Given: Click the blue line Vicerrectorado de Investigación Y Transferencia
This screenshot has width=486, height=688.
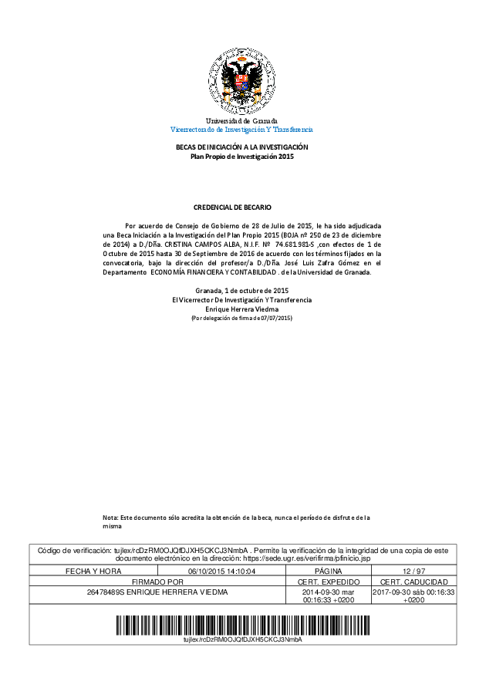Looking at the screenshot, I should click(x=241, y=130).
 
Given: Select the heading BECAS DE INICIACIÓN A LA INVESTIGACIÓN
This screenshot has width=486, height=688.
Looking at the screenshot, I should click(x=242, y=147).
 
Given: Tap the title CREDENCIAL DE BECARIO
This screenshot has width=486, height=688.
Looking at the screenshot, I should click(x=242, y=207).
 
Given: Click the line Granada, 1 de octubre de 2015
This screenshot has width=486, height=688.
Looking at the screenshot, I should click(x=242, y=290).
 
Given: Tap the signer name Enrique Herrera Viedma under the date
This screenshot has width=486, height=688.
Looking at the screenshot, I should click(x=242, y=309).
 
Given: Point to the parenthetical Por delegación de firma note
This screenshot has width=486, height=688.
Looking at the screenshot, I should click(x=242, y=318).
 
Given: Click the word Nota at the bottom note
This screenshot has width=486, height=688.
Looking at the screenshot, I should click(x=110, y=517).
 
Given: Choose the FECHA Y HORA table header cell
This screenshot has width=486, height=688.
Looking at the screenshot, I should click(x=93, y=571).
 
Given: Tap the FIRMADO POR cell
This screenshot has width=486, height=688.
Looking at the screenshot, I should click(x=157, y=581).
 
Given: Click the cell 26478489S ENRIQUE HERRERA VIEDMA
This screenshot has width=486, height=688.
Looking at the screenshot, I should click(x=157, y=592).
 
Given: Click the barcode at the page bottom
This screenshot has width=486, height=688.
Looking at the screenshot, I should click(x=242, y=624).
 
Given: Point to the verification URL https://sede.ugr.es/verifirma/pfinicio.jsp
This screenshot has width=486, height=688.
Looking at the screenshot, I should click(x=307, y=557).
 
